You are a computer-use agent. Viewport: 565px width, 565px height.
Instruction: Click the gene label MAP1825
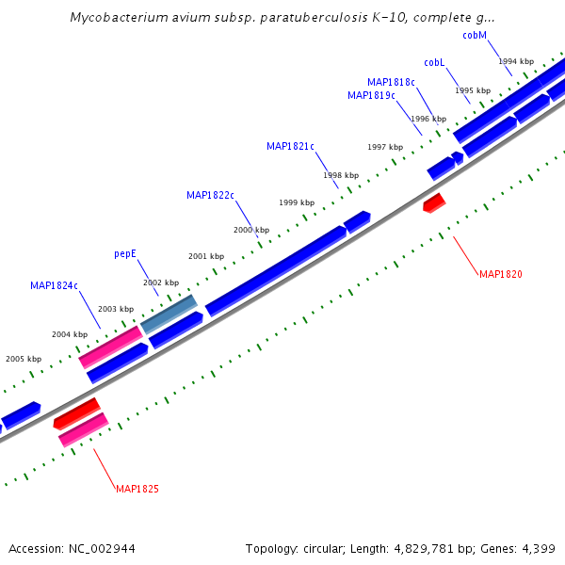pos(137,489)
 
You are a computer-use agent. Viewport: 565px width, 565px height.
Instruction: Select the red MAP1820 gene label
pos(500,274)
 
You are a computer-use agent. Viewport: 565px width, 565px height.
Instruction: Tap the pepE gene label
pos(125,253)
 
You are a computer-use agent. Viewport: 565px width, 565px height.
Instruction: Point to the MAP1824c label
pos(54,285)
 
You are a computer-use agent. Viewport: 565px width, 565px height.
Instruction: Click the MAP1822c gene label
pos(210,195)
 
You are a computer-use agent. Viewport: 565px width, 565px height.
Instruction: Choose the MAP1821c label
pos(290,146)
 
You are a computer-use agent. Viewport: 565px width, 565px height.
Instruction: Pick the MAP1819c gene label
pos(371,95)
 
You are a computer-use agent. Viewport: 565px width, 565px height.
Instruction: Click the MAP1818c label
pos(391,82)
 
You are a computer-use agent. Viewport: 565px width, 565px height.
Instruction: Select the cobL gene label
pos(434,62)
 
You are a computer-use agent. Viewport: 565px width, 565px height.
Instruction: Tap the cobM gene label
pos(475,36)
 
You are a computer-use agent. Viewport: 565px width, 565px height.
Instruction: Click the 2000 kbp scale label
pos(251,230)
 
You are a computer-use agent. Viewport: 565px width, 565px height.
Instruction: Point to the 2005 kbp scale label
pos(24,359)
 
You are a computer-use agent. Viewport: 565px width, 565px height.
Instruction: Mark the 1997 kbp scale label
pos(385,147)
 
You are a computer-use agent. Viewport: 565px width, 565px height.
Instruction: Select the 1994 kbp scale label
pos(516,61)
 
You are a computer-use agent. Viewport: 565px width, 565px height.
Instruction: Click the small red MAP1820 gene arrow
pos(433,202)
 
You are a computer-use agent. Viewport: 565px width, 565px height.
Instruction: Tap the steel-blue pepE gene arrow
pos(169,314)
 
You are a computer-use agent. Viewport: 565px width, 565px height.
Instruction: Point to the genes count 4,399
pos(539,548)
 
